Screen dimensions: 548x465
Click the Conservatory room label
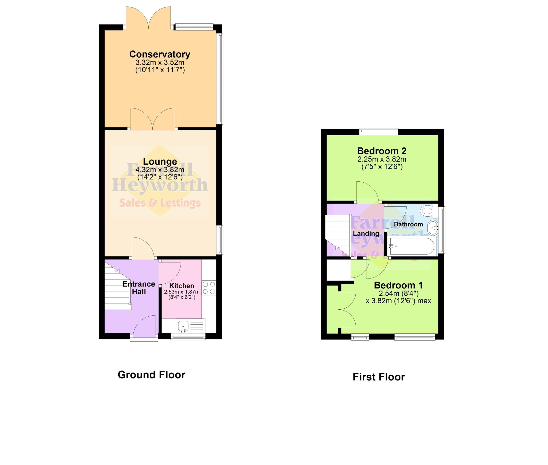point(160,54)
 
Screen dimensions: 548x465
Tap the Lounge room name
point(160,161)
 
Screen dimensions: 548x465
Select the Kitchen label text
point(182,286)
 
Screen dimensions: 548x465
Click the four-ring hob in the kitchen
point(209,288)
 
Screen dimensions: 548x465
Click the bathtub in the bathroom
point(411,246)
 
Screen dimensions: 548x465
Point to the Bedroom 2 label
point(382,151)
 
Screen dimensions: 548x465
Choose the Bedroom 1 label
point(398,285)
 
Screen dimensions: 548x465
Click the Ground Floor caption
point(151,375)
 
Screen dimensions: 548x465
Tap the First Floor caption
point(379,377)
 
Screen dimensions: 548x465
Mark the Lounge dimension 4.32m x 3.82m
point(160,170)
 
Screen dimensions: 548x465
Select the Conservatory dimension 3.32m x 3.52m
point(160,63)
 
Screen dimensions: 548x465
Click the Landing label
point(366,234)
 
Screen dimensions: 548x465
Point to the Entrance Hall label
point(139,288)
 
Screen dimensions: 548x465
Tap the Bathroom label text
point(408,224)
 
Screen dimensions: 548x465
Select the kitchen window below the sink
point(188,337)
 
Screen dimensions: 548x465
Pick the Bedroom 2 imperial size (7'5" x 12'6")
point(382,167)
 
